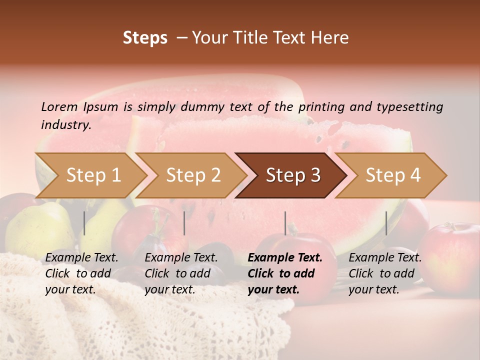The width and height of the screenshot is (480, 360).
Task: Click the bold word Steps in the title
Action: (145, 38)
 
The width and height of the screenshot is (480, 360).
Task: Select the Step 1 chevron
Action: (90, 175)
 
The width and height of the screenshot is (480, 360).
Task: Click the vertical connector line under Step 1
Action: (84, 223)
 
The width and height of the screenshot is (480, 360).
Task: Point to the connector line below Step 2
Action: (184, 223)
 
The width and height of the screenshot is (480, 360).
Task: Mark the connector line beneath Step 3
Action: (285, 223)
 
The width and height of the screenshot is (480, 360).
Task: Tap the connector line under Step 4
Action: (386, 223)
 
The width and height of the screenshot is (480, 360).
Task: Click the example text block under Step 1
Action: (81, 273)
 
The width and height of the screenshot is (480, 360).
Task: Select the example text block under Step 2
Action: (181, 273)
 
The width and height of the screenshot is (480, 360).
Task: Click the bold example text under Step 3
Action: (284, 273)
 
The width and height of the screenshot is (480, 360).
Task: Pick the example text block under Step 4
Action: (385, 273)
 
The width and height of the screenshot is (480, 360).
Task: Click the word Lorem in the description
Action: (59, 106)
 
